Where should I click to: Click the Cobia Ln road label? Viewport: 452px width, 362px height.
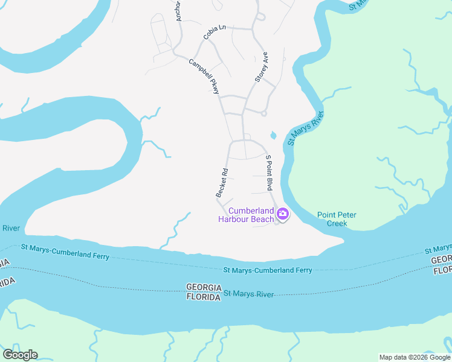point(215,32)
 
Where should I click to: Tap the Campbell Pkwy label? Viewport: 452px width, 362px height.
point(204,76)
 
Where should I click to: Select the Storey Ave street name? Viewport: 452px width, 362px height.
point(261,67)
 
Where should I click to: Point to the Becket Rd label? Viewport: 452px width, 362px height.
point(222,182)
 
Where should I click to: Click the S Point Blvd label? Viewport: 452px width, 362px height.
point(270,173)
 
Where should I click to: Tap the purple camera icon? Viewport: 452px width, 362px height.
point(282,213)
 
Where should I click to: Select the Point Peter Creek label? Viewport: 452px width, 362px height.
point(337,219)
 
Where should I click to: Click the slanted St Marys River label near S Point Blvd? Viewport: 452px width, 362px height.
point(306,128)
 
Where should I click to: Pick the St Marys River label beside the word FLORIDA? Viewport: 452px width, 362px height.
point(249,294)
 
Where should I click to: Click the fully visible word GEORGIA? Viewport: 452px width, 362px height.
point(202,287)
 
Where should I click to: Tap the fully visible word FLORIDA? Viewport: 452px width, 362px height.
point(202,297)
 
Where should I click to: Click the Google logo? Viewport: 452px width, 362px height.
point(20,355)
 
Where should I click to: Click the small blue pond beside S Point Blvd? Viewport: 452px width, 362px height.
point(273,135)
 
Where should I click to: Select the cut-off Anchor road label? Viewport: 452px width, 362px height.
point(178,11)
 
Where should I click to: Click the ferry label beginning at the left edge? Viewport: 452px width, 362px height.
point(65,252)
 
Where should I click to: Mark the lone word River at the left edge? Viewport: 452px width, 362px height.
point(11,228)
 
